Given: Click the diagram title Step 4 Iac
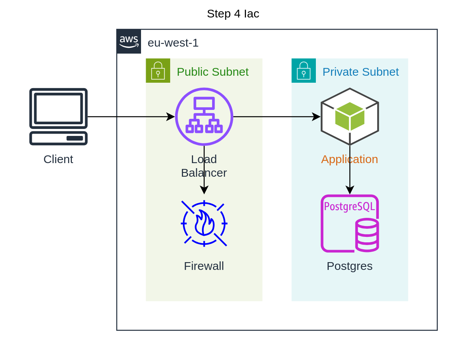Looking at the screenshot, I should tap(233, 14).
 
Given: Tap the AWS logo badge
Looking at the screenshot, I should tap(129, 41).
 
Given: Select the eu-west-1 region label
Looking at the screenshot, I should tap(173, 43).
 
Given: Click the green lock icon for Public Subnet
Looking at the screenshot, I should tap(158, 71).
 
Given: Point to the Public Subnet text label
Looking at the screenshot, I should tap(213, 72).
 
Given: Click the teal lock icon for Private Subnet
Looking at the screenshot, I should tap(303, 71).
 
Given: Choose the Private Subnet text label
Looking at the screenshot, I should tap(360, 72).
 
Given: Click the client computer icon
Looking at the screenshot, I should tap(58, 117).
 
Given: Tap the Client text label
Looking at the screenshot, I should tap(58, 159).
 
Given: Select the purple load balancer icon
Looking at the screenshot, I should tap(204, 117).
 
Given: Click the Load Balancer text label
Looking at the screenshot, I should tap(204, 166).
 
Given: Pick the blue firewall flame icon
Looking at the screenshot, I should tap(204, 224).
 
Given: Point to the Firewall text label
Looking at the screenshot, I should tap(204, 266).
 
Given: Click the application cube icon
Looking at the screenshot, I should tap(350, 117).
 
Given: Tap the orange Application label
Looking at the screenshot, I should tap(350, 159).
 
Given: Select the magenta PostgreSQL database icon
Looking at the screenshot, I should tap(350, 224).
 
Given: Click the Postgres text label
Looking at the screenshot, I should tap(350, 266).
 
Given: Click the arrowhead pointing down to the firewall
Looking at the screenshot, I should tap(204, 190).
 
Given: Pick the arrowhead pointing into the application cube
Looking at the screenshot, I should tap(317, 117).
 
